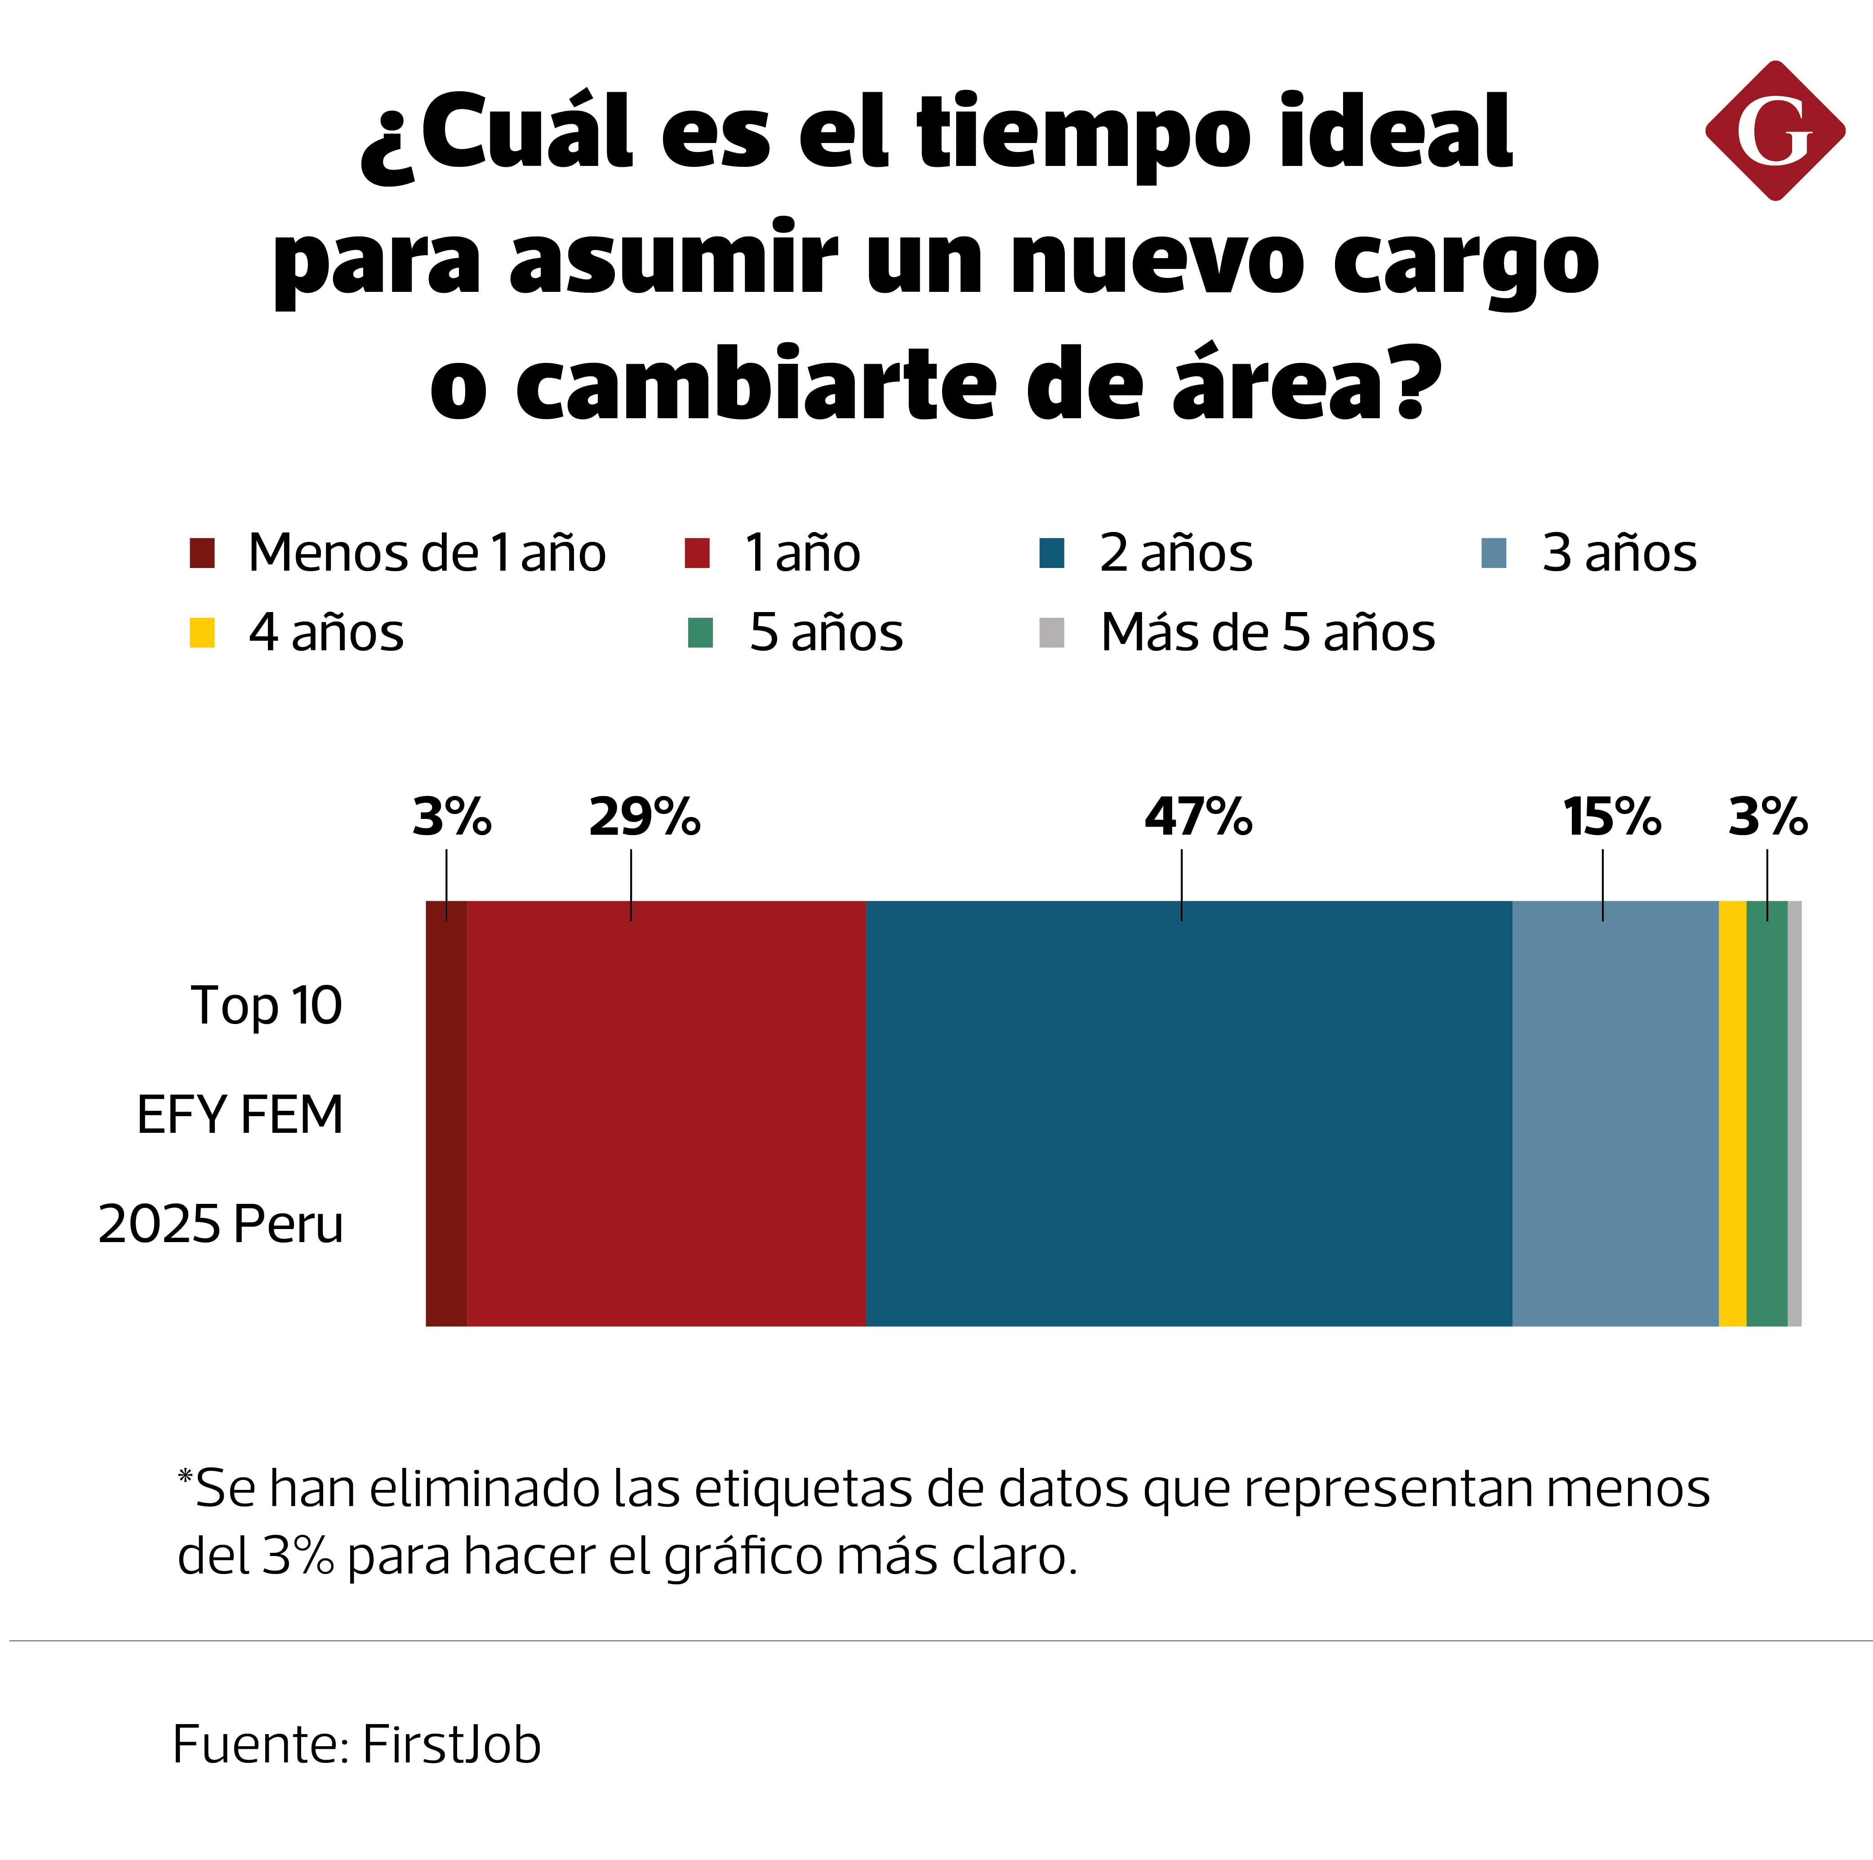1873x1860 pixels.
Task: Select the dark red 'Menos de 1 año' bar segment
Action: [x=446, y=1113]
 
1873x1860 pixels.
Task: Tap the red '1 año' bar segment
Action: [x=666, y=1113]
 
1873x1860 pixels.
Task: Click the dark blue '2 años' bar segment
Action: [x=1188, y=1113]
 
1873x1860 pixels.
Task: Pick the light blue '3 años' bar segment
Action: [x=1615, y=1113]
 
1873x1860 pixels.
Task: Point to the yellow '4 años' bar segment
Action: [x=1732, y=1113]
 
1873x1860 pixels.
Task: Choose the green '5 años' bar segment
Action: [x=1766, y=1113]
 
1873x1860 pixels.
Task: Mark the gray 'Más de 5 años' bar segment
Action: [x=1794, y=1113]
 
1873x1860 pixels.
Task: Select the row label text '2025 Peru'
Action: [x=221, y=1224]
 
